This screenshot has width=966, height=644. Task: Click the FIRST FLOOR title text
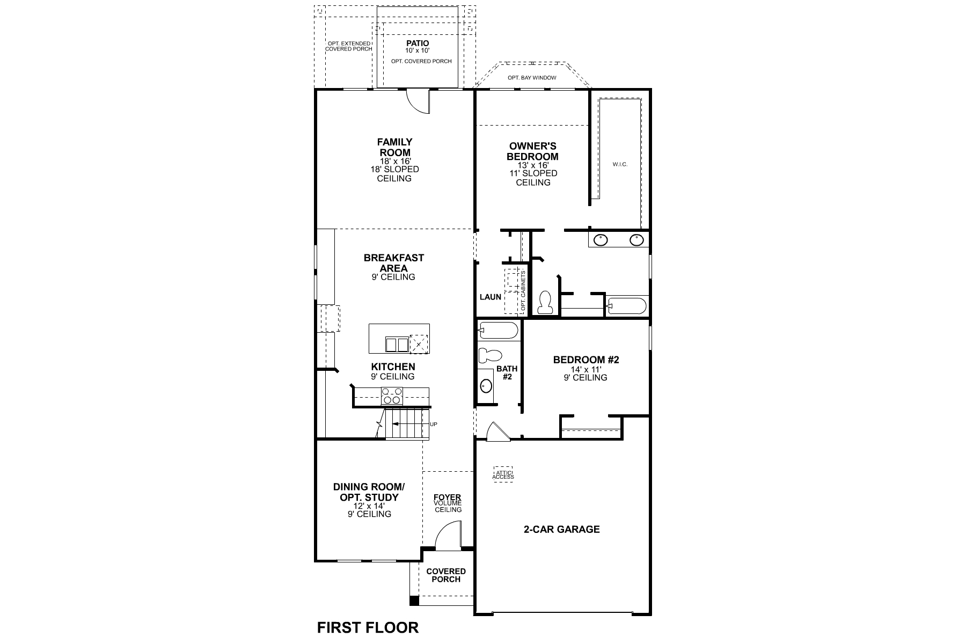click(368, 627)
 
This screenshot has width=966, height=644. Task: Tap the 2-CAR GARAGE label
click(561, 529)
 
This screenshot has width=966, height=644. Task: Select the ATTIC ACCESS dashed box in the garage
click(503, 474)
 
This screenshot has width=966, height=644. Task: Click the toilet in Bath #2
click(490, 355)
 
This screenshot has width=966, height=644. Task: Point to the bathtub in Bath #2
click(498, 331)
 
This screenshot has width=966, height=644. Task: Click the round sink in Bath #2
click(486, 385)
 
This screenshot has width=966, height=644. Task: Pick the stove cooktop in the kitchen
click(391, 396)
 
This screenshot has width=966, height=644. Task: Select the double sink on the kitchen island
click(397, 344)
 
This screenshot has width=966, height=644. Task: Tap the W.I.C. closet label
click(620, 164)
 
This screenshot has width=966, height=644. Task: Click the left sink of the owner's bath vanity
click(601, 240)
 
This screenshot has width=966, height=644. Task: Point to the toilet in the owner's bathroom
click(545, 302)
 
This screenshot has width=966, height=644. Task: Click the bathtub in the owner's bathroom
click(626, 306)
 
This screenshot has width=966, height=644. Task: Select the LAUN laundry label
click(491, 297)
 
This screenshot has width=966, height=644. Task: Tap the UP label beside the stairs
click(434, 425)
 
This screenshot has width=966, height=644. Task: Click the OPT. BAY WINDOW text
click(532, 78)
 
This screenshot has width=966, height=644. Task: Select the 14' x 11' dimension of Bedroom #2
click(586, 369)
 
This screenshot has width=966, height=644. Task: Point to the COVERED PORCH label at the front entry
click(446, 575)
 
